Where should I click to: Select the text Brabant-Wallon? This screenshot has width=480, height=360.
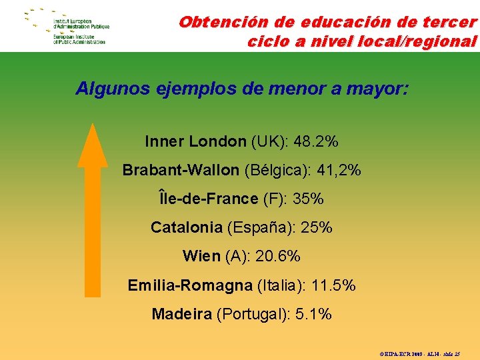coord(180,170)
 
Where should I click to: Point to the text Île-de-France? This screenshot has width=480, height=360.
coord(208,199)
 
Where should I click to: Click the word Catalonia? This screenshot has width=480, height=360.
coord(186,227)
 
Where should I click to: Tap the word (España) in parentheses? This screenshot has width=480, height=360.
coord(259,227)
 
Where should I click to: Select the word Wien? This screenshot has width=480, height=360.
coord(201,256)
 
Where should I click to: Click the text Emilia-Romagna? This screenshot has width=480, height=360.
coord(190,285)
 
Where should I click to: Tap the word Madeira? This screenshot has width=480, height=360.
coord(181,314)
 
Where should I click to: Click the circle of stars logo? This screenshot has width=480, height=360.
coord(37,25)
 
